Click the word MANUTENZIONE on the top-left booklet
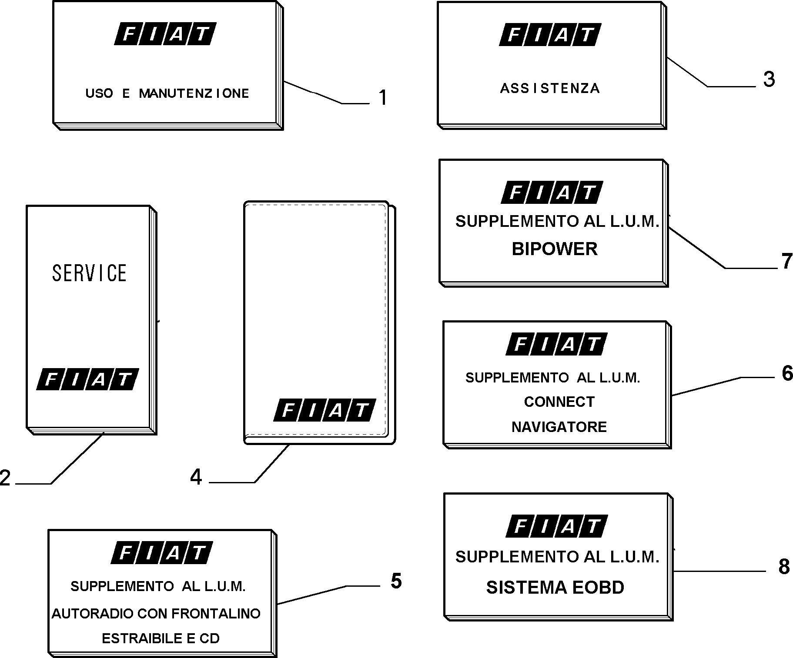point(194,93)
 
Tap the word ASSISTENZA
point(550,89)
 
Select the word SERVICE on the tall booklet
point(90,273)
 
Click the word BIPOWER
point(555,249)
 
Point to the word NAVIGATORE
point(559,427)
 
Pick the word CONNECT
point(559,402)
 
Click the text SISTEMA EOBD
point(555,587)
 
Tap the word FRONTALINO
point(216,613)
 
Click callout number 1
point(383,97)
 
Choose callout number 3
point(769,80)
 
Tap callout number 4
point(196,477)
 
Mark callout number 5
point(396,581)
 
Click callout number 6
point(787,373)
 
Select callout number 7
point(787,261)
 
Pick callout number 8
point(784,566)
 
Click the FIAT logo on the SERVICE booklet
point(87,379)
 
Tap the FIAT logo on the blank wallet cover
point(325,410)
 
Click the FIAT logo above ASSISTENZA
point(550,34)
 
